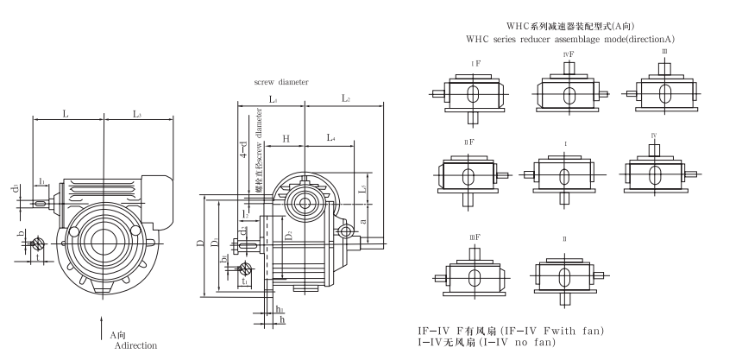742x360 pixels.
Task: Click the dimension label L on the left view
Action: click(66, 114)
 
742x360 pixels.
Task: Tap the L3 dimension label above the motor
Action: click(137, 114)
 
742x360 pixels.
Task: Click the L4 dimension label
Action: click(331, 138)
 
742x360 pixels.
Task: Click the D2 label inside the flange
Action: click(288, 234)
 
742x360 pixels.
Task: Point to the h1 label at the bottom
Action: click(279, 309)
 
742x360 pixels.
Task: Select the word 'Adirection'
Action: click(137, 345)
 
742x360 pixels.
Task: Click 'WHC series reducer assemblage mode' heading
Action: click(569, 40)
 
